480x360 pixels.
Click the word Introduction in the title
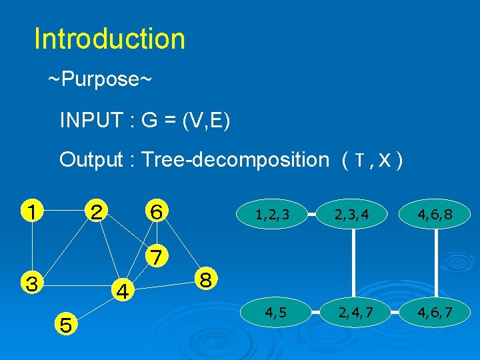click(x=109, y=39)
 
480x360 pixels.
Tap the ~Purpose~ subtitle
click(x=100, y=80)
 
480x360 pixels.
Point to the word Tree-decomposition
click(x=235, y=160)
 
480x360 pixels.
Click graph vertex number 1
click(x=31, y=212)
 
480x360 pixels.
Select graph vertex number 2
click(x=97, y=212)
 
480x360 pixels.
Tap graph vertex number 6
click(x=157, y=212)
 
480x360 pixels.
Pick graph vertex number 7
click(x=157, y=256)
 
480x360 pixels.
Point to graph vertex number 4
click(x=122, y=291)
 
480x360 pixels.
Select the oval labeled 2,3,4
click(x=353, y=215)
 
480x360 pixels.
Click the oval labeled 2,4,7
click(x=353, y=311)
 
